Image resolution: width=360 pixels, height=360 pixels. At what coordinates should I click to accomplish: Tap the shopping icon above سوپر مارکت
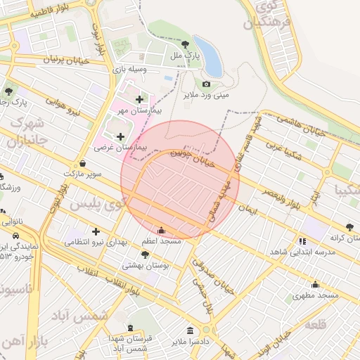pyautogui.click(x=83, y=163)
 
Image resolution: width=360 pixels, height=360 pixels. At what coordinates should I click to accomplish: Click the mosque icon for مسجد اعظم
pyautogui.click(x=162, y=230)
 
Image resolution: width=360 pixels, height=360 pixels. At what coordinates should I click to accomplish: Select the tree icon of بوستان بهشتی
pyautogui.click(x=146, y=255)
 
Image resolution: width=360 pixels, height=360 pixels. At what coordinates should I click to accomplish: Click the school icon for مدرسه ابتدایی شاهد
pyautogui.click(x=302, y=240)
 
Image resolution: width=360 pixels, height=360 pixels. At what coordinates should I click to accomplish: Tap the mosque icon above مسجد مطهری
pyautogui.click(x=315, y=285)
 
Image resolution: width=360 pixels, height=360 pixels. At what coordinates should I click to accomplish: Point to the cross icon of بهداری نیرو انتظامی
pyautogui.click(x=96, y=231)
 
